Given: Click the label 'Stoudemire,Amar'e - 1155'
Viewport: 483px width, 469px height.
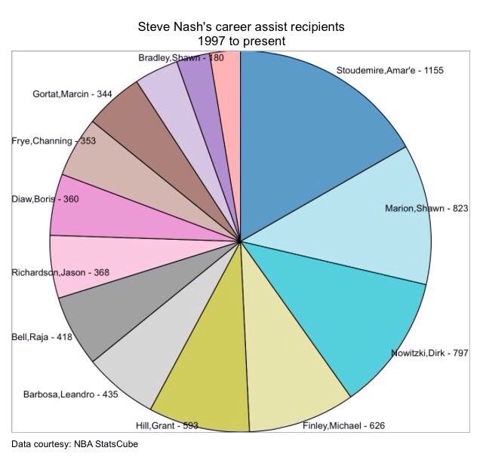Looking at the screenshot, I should click(389, 71).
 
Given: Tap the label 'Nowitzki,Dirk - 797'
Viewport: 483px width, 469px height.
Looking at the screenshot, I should click(429, 354).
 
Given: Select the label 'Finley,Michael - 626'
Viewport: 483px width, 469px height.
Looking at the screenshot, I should click(343, 426).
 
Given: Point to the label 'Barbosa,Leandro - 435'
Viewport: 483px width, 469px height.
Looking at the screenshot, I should click(70, 394).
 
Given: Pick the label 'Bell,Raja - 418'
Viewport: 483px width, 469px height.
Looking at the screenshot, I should click(42, 337).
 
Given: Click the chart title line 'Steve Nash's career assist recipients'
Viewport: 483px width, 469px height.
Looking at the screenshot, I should click(241, 26).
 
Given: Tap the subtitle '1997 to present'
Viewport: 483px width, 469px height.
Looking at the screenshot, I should click(241, 40).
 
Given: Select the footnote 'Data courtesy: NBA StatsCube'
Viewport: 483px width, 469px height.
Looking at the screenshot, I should click(75, 444).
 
